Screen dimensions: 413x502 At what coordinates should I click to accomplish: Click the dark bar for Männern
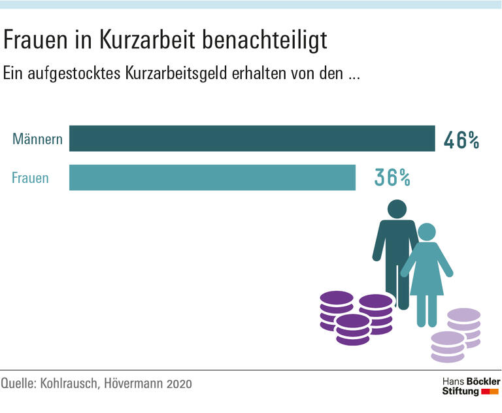click(x=252, y=139)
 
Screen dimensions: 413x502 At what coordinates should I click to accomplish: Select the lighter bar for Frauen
click(x=212, y=177)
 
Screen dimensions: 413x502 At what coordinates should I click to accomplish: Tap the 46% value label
click(x=461, y=140)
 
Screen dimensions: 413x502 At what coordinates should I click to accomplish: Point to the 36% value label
click(x=392, y=176)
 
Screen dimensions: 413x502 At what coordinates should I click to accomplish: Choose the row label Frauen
click(x=31, y=177)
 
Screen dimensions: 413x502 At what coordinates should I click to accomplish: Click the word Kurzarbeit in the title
click(x=139, y=41)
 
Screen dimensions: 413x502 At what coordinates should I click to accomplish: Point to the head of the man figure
click(x=396, y=210)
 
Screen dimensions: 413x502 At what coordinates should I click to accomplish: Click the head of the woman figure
click(x=427, y=232)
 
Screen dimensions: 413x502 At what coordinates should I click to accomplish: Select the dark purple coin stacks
click(x=356, y=318)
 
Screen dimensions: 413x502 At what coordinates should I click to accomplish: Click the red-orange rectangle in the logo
click(x=490, y=391)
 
